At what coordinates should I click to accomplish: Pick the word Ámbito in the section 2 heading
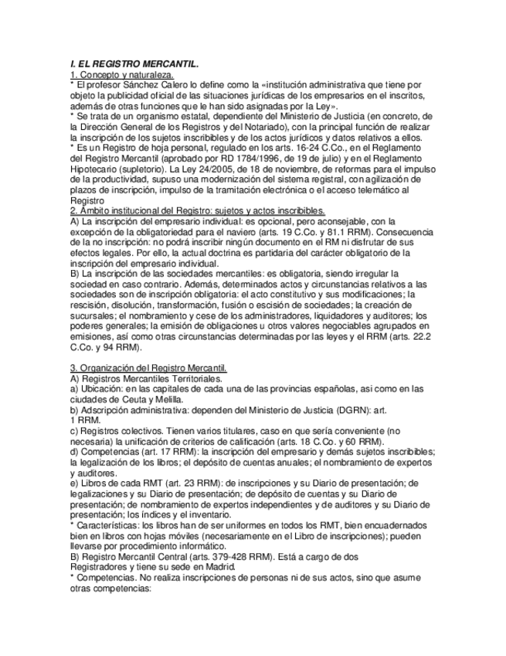pyautogui.click(x=96, y=210)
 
